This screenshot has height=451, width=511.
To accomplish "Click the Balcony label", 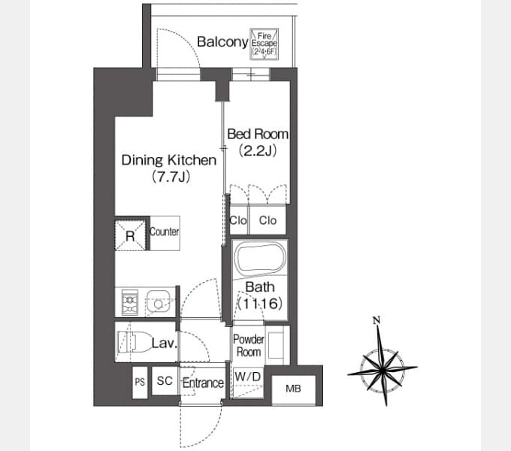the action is (222, 42).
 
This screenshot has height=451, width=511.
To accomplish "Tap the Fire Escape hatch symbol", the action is (264, 44).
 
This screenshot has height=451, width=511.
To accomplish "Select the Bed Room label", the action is (258, 134).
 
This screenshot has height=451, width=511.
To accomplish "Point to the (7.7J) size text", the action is (171, 177).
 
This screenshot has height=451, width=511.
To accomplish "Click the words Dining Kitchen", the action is (169, 160).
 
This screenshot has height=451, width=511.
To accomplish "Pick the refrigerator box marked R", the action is (130, 235).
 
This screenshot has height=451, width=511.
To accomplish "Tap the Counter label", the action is (165, 232).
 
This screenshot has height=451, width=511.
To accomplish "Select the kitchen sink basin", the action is (159, 301).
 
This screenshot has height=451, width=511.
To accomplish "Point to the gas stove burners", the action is (130, 302).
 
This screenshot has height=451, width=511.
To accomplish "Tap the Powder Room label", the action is (249, 346).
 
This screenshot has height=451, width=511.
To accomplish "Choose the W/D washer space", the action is (248, 383).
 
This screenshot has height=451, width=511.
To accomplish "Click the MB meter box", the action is (294, 389).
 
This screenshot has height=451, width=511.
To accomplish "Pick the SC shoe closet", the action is (165, 381).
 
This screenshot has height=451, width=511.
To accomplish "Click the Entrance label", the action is (203, 383).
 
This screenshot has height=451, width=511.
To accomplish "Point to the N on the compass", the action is (376, 321).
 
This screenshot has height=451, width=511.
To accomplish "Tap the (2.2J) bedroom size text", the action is (258, 151).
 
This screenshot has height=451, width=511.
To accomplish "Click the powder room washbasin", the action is (276, 346).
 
